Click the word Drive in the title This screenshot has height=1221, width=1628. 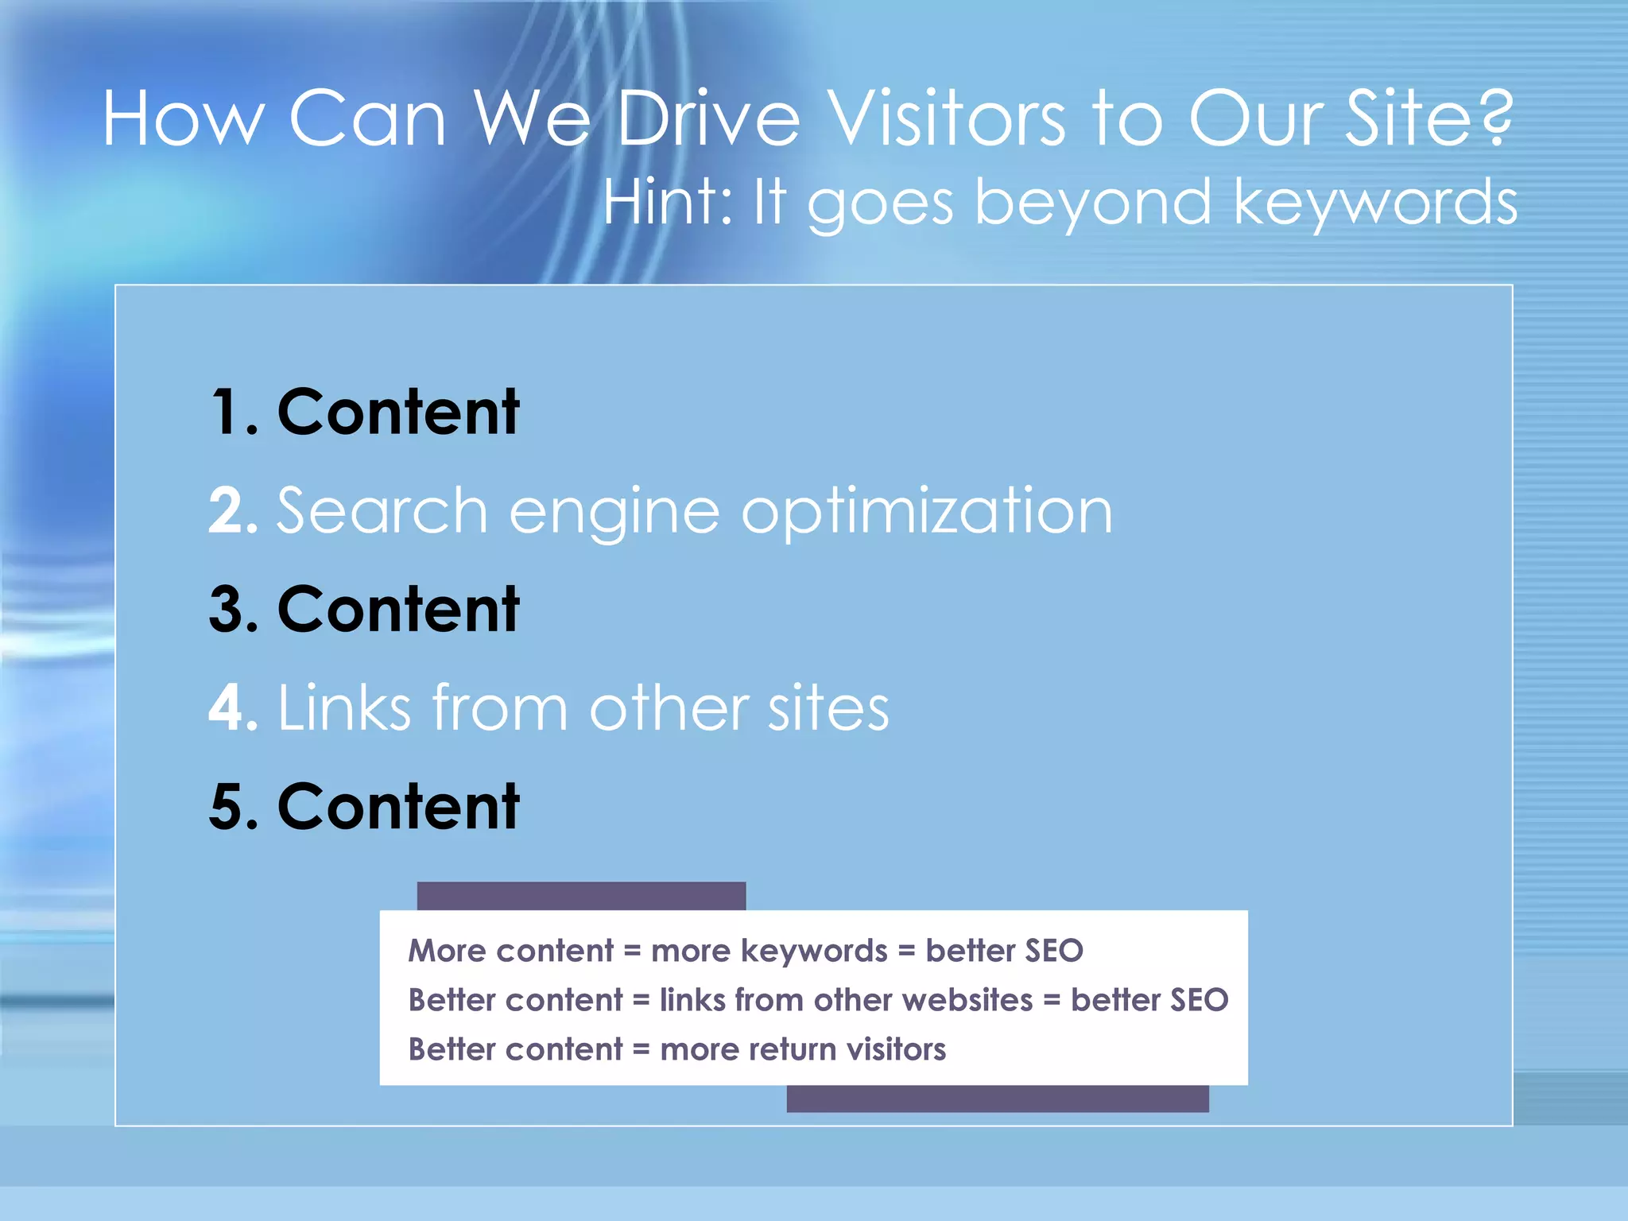tap(708, 119)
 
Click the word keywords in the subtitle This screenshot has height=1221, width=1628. tap(1375, 202)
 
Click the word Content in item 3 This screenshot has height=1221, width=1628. tap(398, 609)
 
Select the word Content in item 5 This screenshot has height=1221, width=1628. tap(398, 806)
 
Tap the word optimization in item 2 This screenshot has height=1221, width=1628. tap(927, 512)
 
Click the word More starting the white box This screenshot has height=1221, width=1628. tap(447, 951)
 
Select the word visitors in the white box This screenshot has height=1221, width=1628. tap(896, 1049)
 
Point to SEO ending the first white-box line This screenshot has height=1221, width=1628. tap(1054, 951)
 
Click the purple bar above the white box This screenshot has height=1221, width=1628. tap(581, 896)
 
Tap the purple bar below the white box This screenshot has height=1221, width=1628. tap(998, 1099)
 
